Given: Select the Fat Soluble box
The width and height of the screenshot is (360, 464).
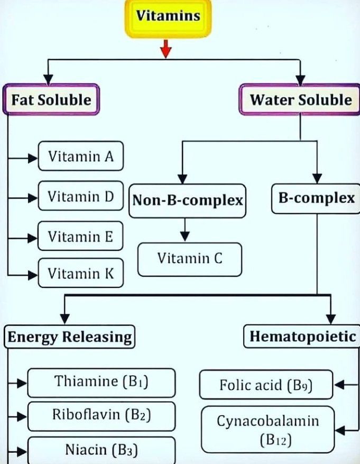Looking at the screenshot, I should (52, 99).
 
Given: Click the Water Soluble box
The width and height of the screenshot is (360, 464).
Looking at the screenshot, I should (300, 99).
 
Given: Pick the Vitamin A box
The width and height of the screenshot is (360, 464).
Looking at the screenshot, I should (80, 157).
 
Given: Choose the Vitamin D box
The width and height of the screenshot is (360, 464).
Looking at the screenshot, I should (80, 197).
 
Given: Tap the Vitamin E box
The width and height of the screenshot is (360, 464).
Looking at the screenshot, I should (80, 236).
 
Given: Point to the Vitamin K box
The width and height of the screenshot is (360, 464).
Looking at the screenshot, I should (80, 274).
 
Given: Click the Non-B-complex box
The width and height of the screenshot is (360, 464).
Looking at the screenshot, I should (187, 201).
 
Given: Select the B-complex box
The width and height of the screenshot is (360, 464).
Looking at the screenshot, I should (316, 199).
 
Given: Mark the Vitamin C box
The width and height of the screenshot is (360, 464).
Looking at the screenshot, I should (189, 259).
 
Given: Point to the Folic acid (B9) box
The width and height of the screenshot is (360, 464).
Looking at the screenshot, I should (266, 384).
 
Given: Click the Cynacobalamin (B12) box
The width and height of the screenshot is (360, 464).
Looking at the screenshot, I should (267, 429).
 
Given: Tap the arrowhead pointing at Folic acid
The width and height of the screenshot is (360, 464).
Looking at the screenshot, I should (340, 385).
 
